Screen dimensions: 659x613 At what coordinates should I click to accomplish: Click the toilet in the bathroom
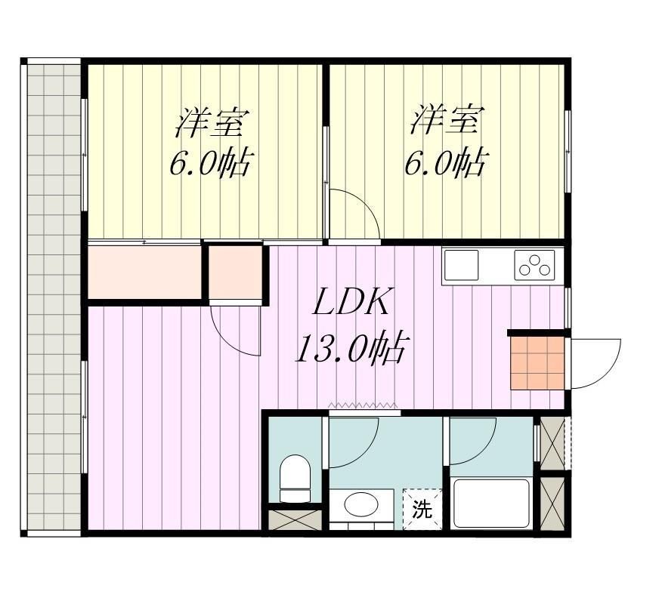pyautogui.click(x=295, y=478)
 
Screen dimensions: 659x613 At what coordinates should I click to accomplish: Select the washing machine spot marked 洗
pyautogui.click(x=422, y=510)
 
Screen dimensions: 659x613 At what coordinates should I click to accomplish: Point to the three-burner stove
pyautogui.click(x=534, y=265)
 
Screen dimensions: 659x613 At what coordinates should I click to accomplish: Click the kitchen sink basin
pyautogui.click(x=461, y=265)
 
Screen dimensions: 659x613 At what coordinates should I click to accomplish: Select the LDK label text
pyautogui.click(x=351, y=301)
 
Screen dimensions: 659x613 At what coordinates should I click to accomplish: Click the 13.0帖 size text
pyautogui.click(x=351, y=347)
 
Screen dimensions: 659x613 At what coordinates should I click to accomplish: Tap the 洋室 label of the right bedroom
pyautogui.click(x=447, y=121)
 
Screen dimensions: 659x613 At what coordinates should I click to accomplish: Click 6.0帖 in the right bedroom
pyautogui.click(x=447, y=162)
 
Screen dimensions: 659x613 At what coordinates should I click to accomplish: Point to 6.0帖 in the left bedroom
pyautogui.click(x=211, y=162)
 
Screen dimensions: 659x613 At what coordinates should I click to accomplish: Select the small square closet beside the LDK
pyautogui.click(x=235, y=272)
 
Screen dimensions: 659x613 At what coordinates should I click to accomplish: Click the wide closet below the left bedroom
pyautogui.click(x=145, y=272)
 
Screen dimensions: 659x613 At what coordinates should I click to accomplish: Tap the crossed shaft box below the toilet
pyautogui.click(x=295, y=519)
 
